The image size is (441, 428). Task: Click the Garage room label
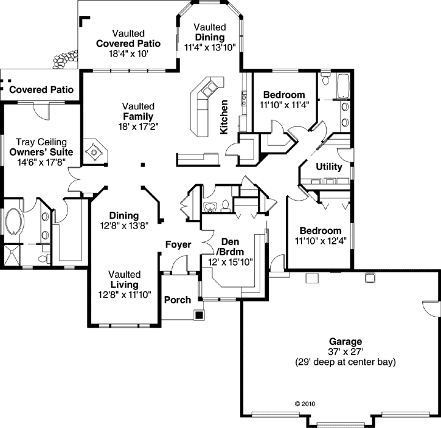(346, 342)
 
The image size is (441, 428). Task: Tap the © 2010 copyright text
(305, 403)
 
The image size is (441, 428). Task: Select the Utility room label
(329, 167)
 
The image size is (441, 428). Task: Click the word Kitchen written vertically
(224, 116)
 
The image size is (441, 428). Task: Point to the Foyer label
(178, 245)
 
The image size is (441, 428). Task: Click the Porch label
(178, 300)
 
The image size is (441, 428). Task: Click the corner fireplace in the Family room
(94, 151)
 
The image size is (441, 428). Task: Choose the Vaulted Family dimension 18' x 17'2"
(138, 126)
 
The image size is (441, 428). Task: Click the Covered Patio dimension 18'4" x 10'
(127, 53)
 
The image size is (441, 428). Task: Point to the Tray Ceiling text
(41, 142)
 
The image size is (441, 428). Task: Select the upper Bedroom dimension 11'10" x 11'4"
(285, 105)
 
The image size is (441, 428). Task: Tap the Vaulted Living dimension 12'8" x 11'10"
(124, 295)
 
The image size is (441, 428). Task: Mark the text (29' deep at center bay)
(345, 362)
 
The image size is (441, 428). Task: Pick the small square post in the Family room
(143, 164)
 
